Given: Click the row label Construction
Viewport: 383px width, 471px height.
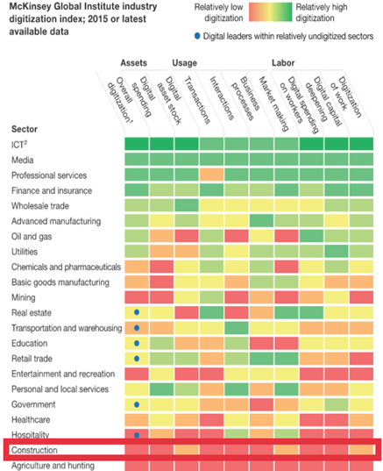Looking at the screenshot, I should [35, 451].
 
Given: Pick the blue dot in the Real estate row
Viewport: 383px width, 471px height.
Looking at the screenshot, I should [137, 312].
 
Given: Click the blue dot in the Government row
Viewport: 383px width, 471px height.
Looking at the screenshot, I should [137, 404].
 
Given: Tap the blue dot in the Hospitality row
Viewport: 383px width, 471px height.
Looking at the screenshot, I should [137, 435].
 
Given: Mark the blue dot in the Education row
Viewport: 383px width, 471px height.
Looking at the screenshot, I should [137, 343].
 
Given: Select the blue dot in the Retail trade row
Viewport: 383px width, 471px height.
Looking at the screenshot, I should [137, 359].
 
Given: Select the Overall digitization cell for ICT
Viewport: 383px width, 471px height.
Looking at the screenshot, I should [137, 144].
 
